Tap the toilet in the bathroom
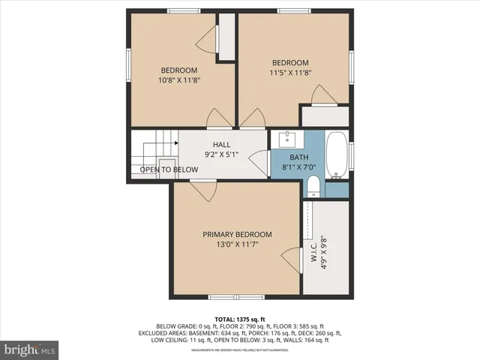coord(313,186)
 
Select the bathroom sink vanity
coord(287,139)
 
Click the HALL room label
coord(221,145)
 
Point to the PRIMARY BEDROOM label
coord(237,235)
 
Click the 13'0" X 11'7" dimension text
coord(237,244)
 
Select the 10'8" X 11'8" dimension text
coord(178,79)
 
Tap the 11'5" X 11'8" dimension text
coord(289,73)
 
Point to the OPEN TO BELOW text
coord(169,169)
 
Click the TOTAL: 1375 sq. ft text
coord(239,319)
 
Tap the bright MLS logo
coord(29,349)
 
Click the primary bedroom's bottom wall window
coord(226,298)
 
